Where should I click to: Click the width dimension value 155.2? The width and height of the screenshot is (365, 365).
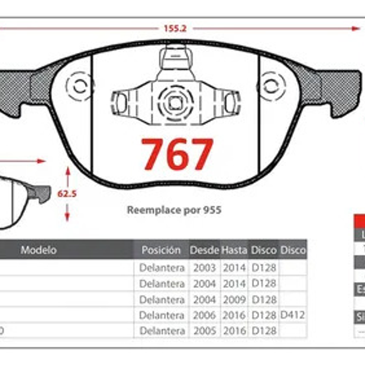point(175,28)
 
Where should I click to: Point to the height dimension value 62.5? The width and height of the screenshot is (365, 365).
point(67,194)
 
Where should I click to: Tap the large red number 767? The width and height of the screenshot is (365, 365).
point(177,154)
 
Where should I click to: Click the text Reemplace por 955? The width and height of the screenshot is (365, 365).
point(174,210)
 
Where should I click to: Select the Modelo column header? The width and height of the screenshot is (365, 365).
point(38,250)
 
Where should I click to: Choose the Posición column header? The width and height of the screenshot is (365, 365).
point(161,250)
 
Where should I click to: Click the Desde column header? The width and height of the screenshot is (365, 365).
point(205,250)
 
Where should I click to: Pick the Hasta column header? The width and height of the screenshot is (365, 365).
point(234,250)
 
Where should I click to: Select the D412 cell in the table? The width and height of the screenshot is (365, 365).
point(292,315)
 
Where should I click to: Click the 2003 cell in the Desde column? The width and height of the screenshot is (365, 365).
point(205,268)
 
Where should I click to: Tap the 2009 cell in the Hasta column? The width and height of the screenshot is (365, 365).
point(234,300)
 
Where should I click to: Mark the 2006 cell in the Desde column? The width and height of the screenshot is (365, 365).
point(205,315)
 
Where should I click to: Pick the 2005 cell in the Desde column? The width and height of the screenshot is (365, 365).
point(205,331)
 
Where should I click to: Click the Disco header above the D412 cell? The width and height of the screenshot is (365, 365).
point(293,250)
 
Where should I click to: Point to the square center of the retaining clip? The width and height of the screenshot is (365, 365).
point(175,102)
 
